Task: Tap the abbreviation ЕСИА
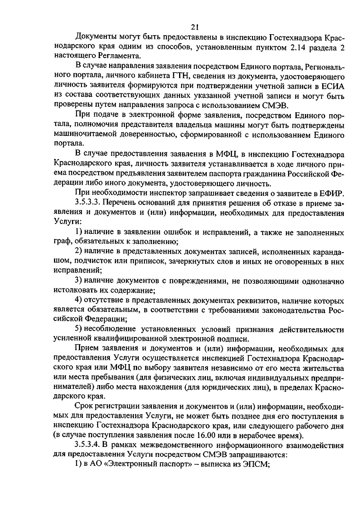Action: [331, 86]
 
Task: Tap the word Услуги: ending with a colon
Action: [68, 222]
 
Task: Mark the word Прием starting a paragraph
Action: [86, 348]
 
